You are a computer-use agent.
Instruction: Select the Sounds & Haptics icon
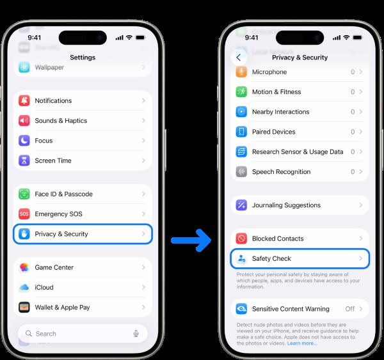[24, 121]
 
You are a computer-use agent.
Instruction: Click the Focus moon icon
[24, 141]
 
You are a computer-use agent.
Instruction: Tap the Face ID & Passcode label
[63, 194]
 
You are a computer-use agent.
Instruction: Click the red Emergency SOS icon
[24, 214]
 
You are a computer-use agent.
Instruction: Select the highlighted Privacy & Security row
[83, 234]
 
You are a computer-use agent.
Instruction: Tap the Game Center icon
[24, 267]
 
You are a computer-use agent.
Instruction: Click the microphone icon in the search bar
[136, 334]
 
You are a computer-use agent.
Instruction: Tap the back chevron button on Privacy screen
[239, 58]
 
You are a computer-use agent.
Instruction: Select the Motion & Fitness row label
[276, 92]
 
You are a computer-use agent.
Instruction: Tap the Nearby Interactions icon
[241, 112]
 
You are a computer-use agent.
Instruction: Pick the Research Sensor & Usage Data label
[298, 152]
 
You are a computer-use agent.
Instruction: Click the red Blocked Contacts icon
[241, 239]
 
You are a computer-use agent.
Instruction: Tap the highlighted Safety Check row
[300, 258]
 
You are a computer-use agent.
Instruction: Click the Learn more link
[302, 343]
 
